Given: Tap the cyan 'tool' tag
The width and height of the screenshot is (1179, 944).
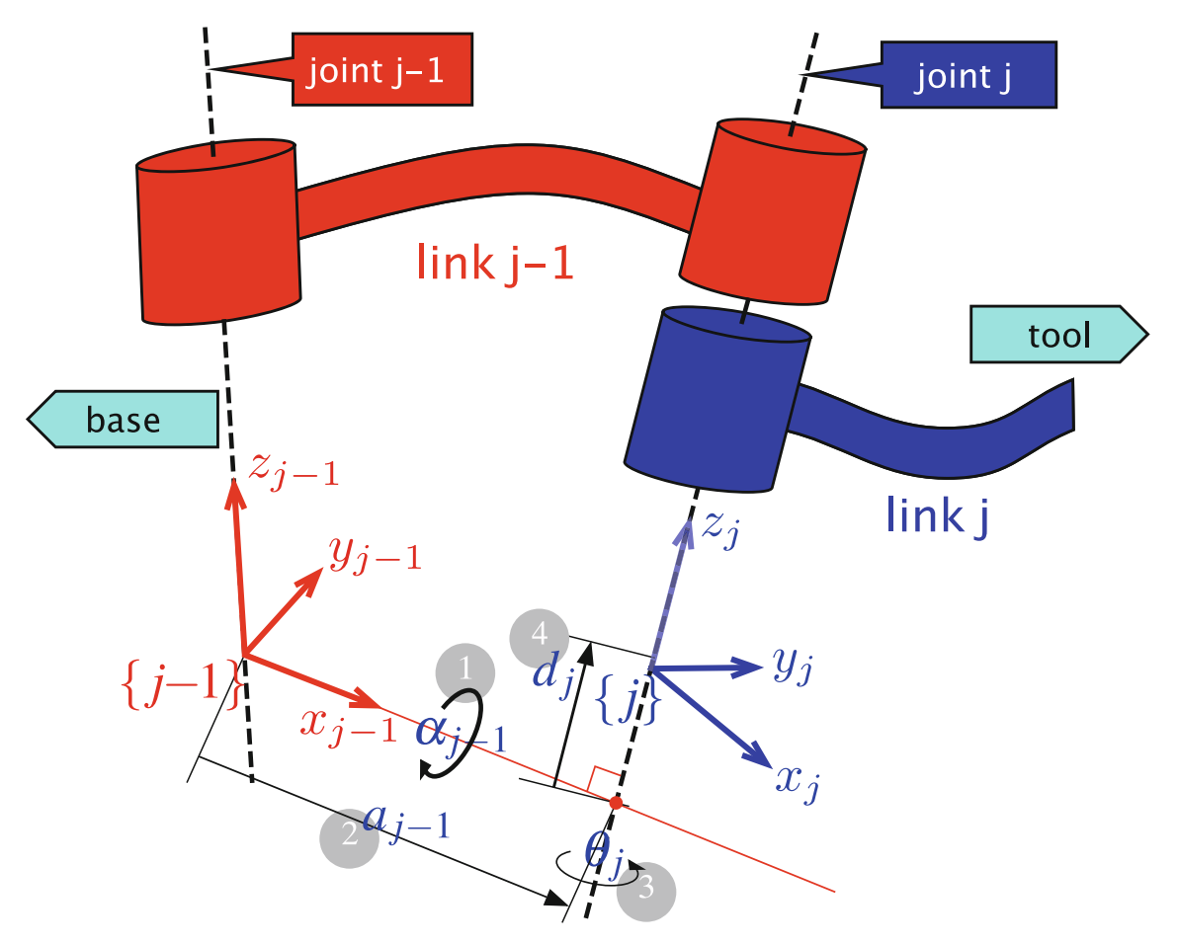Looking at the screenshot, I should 1057,336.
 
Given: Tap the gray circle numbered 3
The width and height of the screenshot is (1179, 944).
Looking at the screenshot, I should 646,889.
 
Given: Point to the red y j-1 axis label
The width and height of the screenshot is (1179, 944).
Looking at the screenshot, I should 376,557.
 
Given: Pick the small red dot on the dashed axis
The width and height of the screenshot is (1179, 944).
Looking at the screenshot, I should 616,804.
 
